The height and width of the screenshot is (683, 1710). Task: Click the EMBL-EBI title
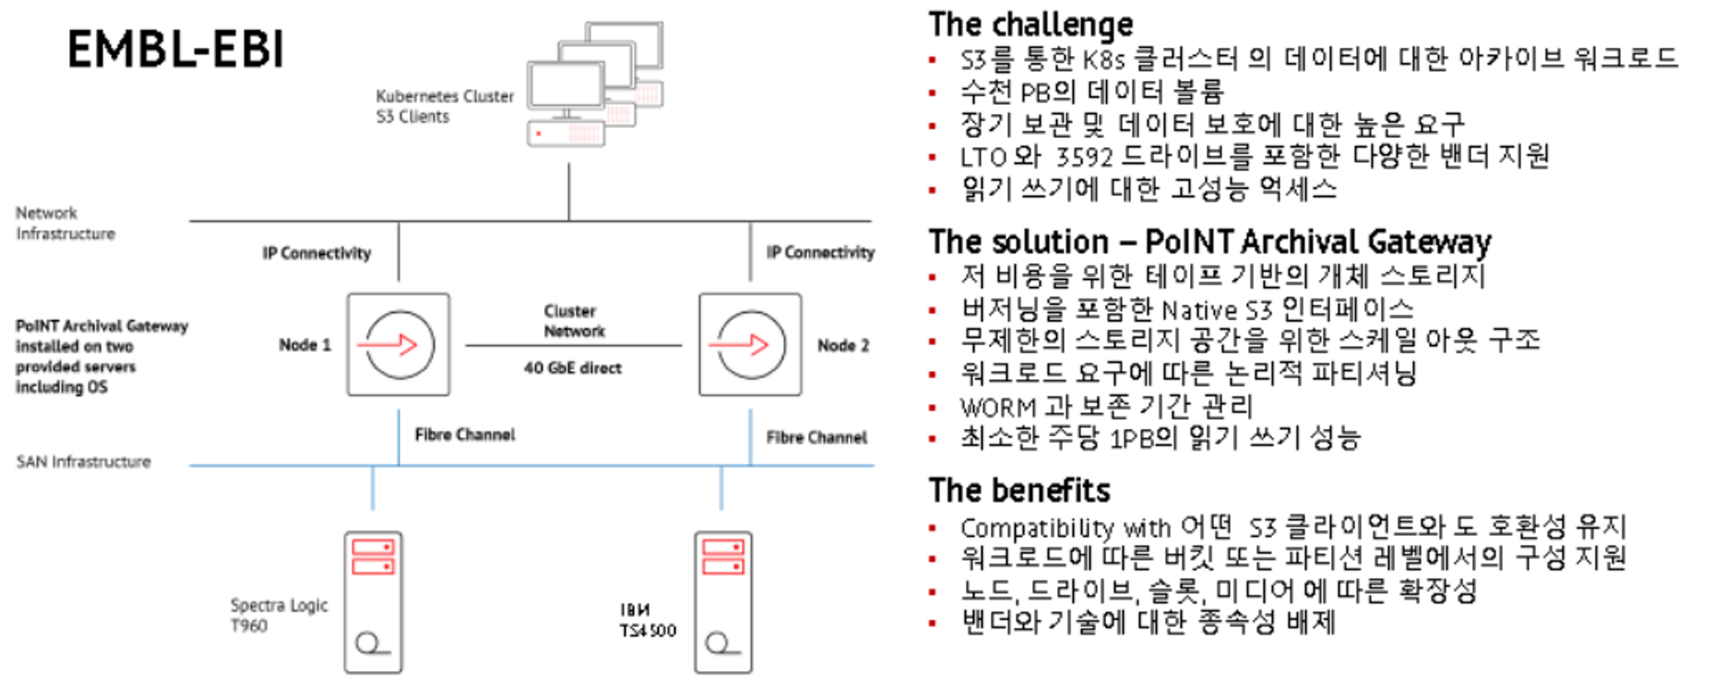(x=176, y=49)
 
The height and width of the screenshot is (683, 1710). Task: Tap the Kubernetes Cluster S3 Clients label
(x=444, y=106)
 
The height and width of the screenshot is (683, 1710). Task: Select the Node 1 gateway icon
(x=398, y=345)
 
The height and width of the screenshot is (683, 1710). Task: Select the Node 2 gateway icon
(x=750, y=345)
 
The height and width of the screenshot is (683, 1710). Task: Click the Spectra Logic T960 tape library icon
(x=373, y=602)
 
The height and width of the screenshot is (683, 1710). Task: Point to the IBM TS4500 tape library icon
(x=723, y=602)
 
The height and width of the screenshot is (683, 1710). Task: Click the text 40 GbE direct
(x=573, y=368)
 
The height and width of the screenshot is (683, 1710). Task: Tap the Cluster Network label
(x=573, y=321)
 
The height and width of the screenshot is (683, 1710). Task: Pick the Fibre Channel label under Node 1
(x=464, y=435)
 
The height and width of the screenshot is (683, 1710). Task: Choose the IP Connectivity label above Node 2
(x=820, y=253)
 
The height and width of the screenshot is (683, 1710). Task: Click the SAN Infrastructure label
(x=83, y=462)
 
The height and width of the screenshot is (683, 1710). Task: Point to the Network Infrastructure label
(x=65, y=223)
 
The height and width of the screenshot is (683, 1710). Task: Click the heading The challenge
(x=1030, y=25)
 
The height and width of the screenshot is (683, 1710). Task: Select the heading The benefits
(x=1019, y=490)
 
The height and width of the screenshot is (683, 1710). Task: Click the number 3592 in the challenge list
(x=1084, y=157)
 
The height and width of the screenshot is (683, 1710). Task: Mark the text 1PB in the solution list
(x=1128, y=439)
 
